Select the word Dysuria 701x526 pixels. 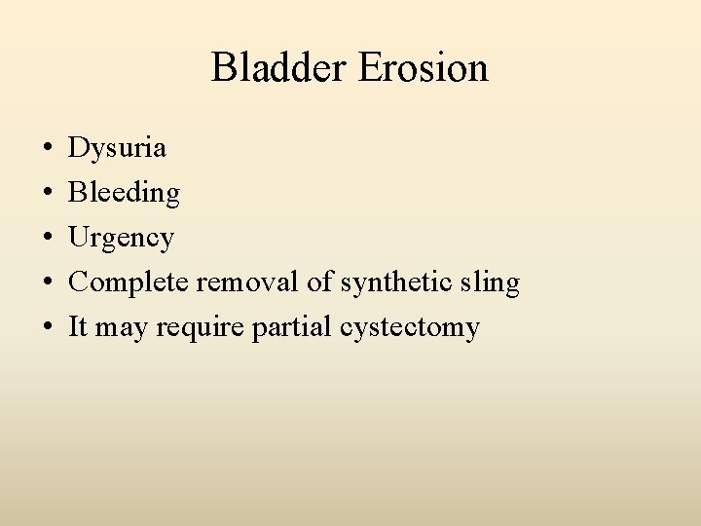coord(117,149)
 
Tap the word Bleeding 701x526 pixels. coord(124,194)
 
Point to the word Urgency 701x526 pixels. coord(121,239)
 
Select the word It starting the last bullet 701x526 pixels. coord(78,327)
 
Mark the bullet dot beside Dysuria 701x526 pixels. coord(48,150)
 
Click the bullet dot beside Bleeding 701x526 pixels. coord(48,195)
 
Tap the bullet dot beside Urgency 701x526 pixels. coord(48,240)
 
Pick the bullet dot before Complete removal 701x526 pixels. coord(48,284)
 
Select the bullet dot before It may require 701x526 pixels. coord(48,329)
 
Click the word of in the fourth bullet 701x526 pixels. coord(317,283)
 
